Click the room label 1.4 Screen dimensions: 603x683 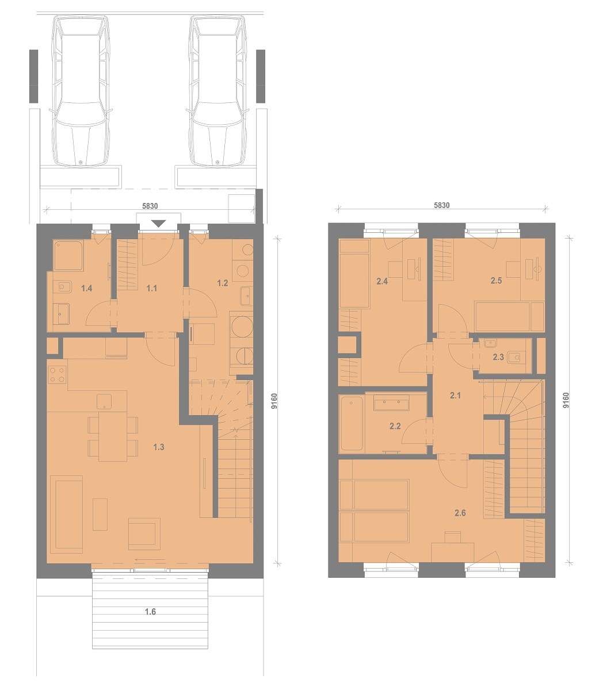pyautogui.click(x=87, y=288)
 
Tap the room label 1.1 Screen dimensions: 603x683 pyautogui.click(x=152, y=288)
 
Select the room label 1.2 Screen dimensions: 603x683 pyautogui.click(x=222, y=283)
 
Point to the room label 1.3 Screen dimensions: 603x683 pyautogui.click(x=159, y=447)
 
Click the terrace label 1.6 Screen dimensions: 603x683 pyautogui.click(x=150, y=612)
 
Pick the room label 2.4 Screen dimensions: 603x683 pyautogui.click(x=382, y=281)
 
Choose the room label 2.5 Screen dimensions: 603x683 pyautogui.click(x=496, y=281)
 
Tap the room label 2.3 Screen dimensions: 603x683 pyautogui.click(x=498, y=357)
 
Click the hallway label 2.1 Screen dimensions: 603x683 pyautogui.click(x=455, y=396)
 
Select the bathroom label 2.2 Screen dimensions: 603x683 pyautogui.click(x=395, y=426)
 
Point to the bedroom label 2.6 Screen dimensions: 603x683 pyautogui.click(x=460, y=513)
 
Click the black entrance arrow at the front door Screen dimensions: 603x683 pyautogui.click(x=158, y=224)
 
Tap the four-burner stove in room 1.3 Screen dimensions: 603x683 pyautogui.click(x=58, y=375)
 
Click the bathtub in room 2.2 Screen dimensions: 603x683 pyautogui.click(x=352, y=423)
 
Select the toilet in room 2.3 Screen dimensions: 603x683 pyautogui.click(x=516, y=357)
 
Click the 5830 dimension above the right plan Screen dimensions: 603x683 pyautogui.click(x=442, y=205)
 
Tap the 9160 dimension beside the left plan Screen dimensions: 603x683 pyautogui.click(x=274, y=401)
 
